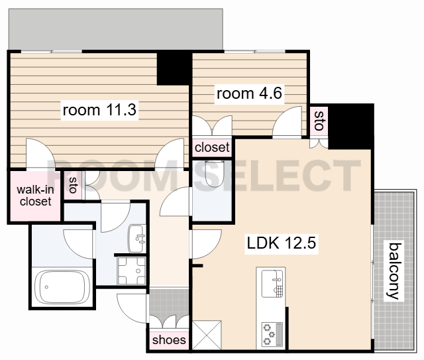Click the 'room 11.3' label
tap(99, 110)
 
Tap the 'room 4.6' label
tap(249, 93)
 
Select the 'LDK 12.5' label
tap(281, 243)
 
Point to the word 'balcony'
tap(394, 270)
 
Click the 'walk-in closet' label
tap(35, 196)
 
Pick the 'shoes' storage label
tap(169, 340)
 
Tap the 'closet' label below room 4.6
tap(212, 148)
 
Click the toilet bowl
tap(215, 173)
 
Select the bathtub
tap(62, 287)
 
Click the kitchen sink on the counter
tap(272, 283)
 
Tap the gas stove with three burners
tap(272, 334)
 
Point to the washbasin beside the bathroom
tap(137, 239)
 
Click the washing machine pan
tap(132, 270)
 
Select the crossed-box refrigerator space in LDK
tap(207, 335)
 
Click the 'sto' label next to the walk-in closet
tap(73, 185)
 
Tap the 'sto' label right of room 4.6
tap(319, 121)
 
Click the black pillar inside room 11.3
tap(173, 69)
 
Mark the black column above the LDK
tap(350, 126)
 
